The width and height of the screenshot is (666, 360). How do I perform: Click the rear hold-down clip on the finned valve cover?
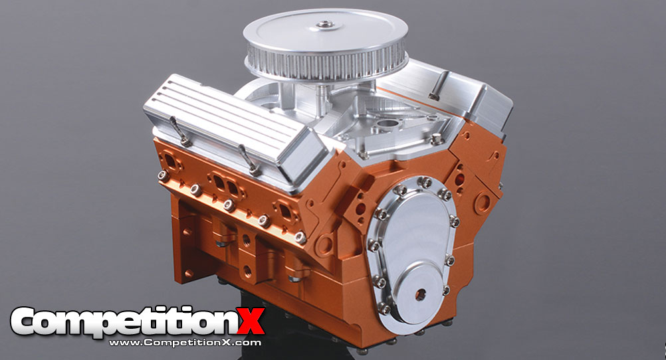(x=176, y=130)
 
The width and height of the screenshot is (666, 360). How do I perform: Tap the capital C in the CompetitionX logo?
(x=30, y=323)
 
